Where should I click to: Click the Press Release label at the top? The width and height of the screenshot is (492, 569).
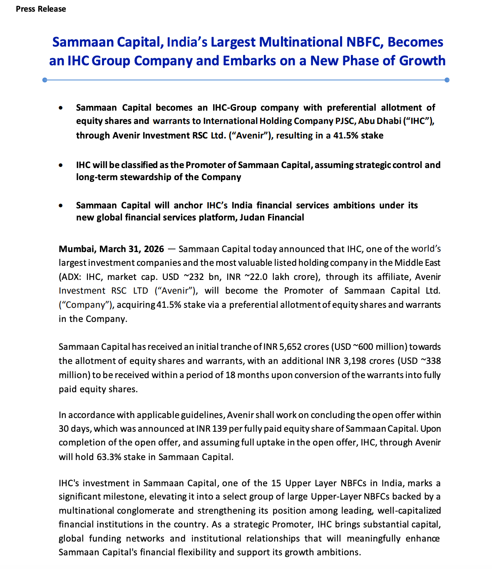41,9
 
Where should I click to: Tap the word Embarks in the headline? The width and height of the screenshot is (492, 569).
249,61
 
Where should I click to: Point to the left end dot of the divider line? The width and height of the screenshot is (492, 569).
45,80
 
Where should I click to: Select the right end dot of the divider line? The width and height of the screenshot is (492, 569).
447,80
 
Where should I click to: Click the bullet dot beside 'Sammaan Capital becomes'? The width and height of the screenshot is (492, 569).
61,108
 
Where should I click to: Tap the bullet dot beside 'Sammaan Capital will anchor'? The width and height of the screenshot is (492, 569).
61,205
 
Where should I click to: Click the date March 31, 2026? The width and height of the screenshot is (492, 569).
132,249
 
